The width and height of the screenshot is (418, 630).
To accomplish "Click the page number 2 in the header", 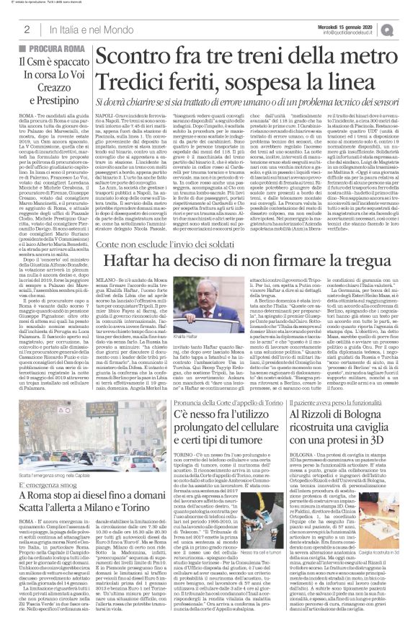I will coord(26,29).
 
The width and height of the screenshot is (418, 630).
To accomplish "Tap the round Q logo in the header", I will coord(407,28).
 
